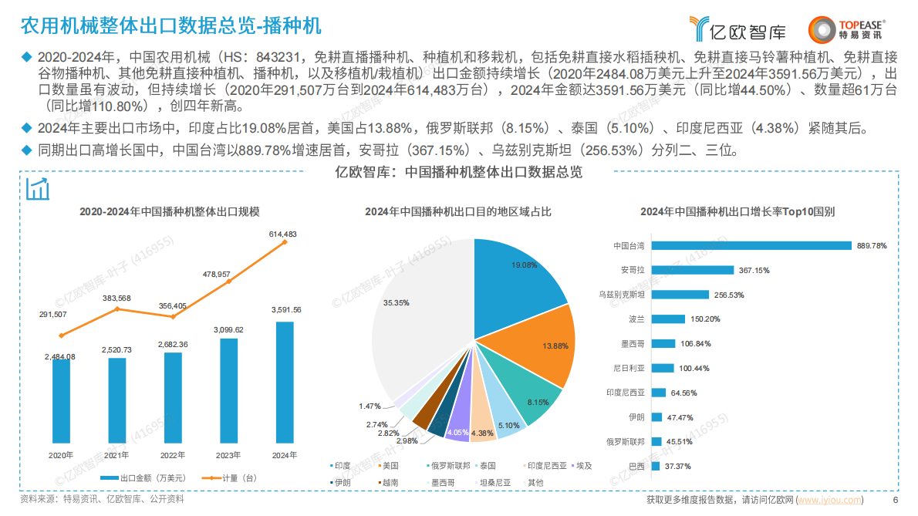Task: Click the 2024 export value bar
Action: (x=284, y=383)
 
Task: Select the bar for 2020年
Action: (x=61, y=402)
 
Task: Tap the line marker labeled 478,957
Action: (x=228, y=282)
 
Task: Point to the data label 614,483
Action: (x=283, y=234)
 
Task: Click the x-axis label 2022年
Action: (x=173, y=456)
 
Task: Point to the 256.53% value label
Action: (x=729, y=295)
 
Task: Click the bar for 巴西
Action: (x=656, y=467)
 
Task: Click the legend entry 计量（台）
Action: (x=228, y=478)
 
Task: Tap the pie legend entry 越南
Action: (x=386, y=483)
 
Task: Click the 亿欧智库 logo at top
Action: (x=738, y=29)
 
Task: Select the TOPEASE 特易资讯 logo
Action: (x=846, y=29)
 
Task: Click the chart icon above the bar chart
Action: (x=38, y=189)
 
